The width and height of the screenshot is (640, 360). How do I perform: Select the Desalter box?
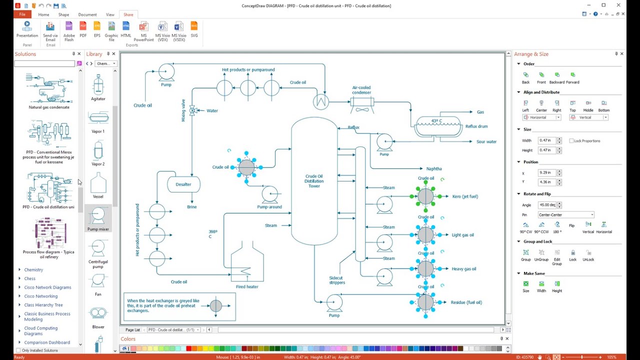pos(183,184)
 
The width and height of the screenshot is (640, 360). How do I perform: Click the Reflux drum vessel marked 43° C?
pos(438,126)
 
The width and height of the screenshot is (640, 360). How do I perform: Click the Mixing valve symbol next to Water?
pos(193,110)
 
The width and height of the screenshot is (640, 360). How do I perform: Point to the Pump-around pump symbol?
pos(270,193)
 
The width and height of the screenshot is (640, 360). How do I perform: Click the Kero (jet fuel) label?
pos(465,196)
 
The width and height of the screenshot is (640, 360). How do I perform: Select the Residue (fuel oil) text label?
pos(466,302)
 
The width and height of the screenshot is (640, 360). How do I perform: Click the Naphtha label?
pos(434,169)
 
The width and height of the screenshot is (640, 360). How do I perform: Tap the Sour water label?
pos(486,142)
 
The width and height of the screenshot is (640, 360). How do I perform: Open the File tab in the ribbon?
pos(22,14)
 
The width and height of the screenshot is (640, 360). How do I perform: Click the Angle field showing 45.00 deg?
pos(547,205)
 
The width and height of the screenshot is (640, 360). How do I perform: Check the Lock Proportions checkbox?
pos(571,141)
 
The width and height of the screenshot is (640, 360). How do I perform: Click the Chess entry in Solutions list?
pos(30,278)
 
